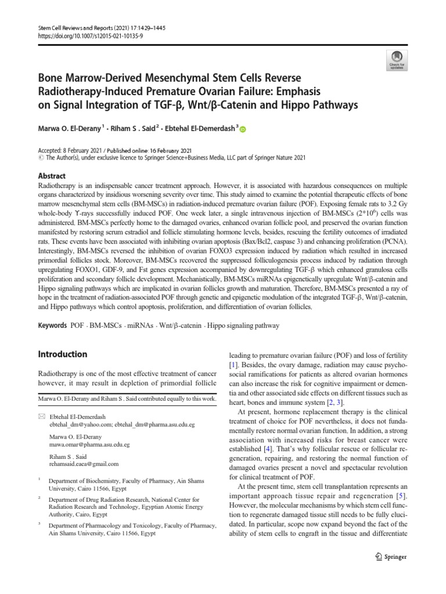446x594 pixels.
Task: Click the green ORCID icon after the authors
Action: pyautogui.click(x=243, y=130)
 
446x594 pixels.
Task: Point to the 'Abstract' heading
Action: pyautogui.click(x=52, y=176)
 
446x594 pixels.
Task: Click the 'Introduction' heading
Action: pyautogui.click(x=62, y=354)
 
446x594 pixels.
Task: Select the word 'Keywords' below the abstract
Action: pyautogui.click(x=52, y=326)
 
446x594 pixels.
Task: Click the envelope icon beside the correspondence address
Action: pyautogui.click(x=41, y=417)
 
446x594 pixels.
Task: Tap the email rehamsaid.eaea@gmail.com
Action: pyautogui.click(x=84, y=463)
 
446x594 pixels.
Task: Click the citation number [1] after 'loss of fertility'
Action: pyautogui.click(x=233, y=365)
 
